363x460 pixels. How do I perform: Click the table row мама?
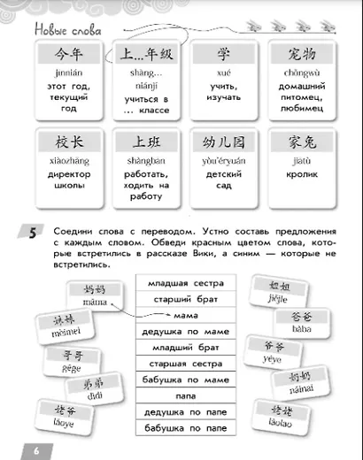pyautogui.click(x=183, y=316)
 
